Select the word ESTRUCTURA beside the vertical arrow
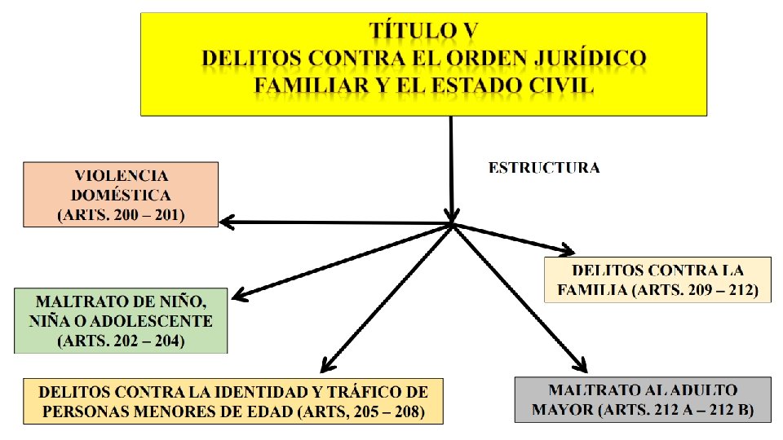click(544, 168)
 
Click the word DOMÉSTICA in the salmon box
click(122, 196)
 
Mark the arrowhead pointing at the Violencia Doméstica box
click(225, 222)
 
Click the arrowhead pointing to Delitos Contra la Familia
click(568, 250)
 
